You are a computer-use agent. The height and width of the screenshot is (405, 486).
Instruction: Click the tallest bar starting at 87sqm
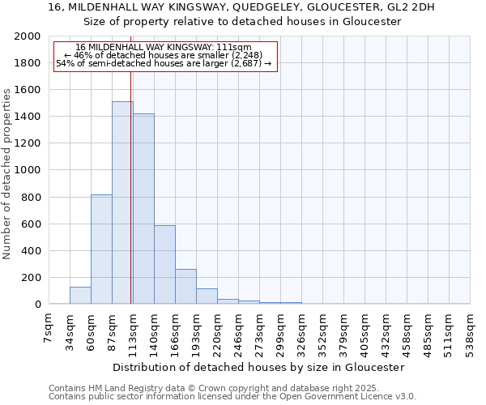pos(122,202)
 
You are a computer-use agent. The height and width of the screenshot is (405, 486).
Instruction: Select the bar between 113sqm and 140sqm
pos(143,209)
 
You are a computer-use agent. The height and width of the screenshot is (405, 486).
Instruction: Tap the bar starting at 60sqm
pos(101,249)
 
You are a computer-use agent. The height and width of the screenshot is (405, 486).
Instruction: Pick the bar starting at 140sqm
pos(164,265)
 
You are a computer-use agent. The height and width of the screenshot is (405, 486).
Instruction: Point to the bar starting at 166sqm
pos(185,287)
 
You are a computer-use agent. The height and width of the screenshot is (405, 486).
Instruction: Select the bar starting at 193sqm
pos(207,296)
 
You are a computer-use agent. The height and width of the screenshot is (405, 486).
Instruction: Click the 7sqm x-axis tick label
pos(49,330)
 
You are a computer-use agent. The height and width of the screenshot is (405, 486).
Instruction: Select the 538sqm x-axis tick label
pos(470,333)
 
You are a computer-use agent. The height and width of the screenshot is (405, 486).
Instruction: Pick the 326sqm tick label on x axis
pos(301,333)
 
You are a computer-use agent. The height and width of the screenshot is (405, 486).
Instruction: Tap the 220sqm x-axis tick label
pos(217,333)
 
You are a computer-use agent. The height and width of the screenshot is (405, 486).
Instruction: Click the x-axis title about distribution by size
pos(258,367)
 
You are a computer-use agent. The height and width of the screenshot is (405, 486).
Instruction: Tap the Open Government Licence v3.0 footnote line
pos(232,397)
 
